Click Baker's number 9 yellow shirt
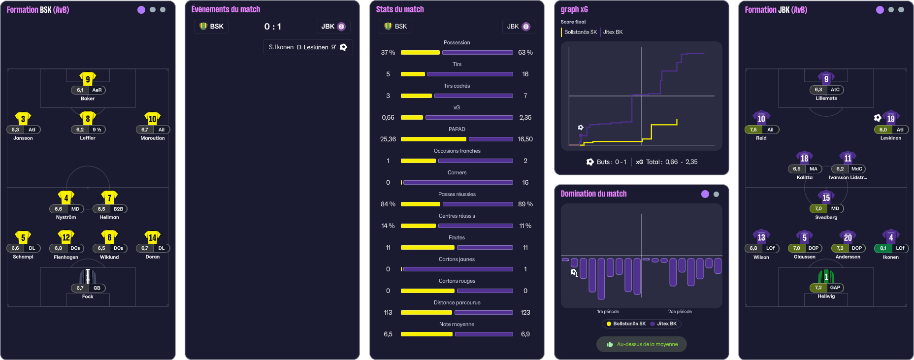pyautogui.click(x=88, y=79)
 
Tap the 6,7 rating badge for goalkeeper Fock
pyautogui.click(x=80, y=288)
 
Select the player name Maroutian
pyautogui.click(x=153, y=138)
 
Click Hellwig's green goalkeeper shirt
pyautogui.click(x=826, y=277)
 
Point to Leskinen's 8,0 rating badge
pyautogui.click(x=883, y=130)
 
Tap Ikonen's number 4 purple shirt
pyautogui.click(x=891, y=237)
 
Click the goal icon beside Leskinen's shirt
pyautogui.click(x=878, y=118)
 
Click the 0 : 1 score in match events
pyautogui.click(x=272, y=27)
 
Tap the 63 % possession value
pyautogui.click(x=525, y=53)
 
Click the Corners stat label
pyautogui.click(x=457, y=173)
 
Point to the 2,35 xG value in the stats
pyautogui.click(x=525, y=118)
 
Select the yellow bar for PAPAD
pyautogui.click(x=433, y=139)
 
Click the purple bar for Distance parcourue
pyautogui.click(x=484, y=313)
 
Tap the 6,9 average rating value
pyautogui.click(x=525, y=334)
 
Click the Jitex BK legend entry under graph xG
pyautogui.click(x=613, y=32)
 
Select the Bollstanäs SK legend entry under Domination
pyautogui.click(x=626, y=324)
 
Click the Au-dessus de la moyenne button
pyautogui.click(x=642, y=344)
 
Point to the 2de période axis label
pyautogui.click(x=680, y=312)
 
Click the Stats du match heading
pyautogui.click(x=400, y=9)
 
